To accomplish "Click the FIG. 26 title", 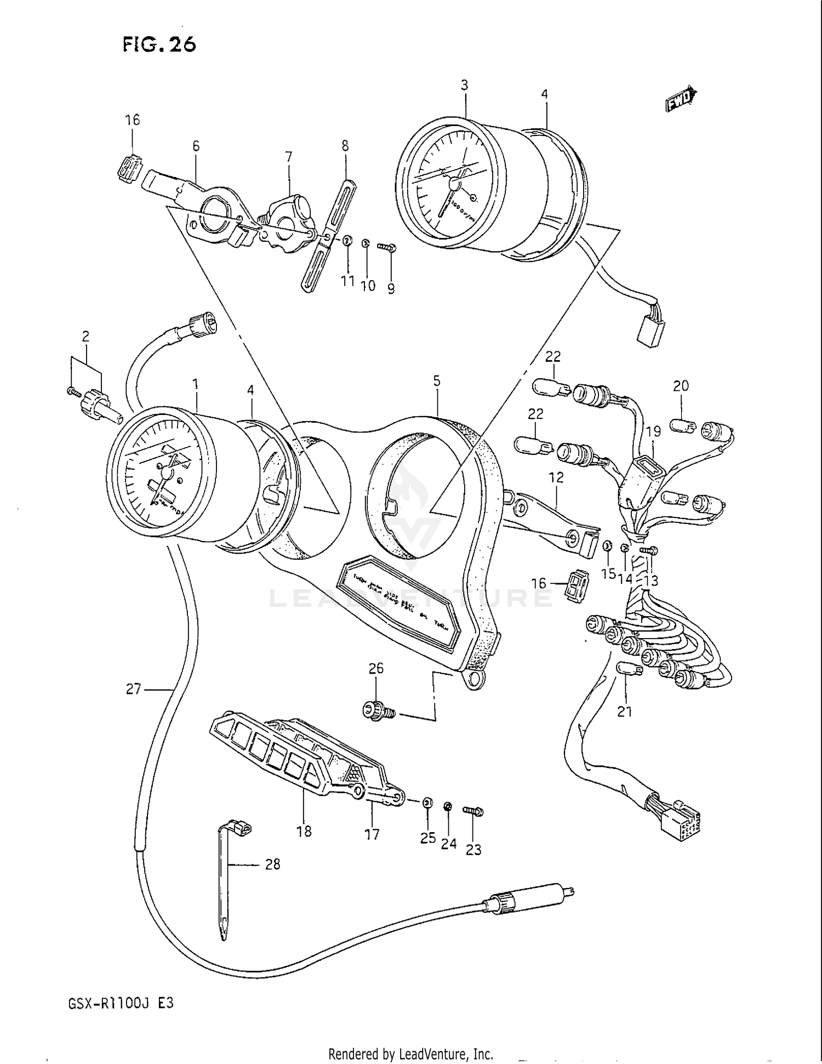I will tap(159, 44).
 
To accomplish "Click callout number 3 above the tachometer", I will tap(464, 85).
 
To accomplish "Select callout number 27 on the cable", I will tap(133, 689).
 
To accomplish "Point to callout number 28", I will tap(272, 864).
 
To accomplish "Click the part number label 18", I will tap(304, 831).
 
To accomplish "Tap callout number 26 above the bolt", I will tap(376, 668).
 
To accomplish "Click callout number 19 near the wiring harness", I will tap(653, 431).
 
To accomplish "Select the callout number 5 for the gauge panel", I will tap(436, 381).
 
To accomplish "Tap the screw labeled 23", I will tap(473, 810).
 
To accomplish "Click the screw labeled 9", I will tap(387, 248).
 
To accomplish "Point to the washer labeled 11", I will tap(347, 241).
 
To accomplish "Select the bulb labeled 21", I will tap(626, 669).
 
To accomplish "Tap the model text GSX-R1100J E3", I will tap(121, 1004).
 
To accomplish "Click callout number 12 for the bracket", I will tap(556, 477).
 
